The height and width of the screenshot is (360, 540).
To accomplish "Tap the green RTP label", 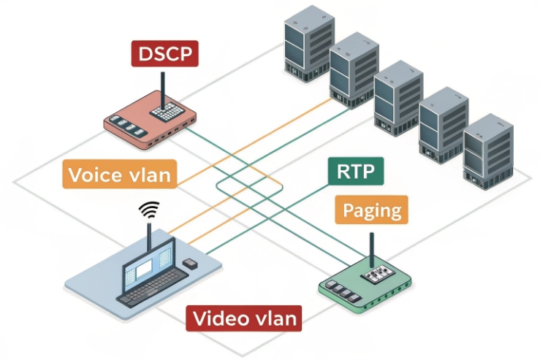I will pyautogui.click(x=356, y=172).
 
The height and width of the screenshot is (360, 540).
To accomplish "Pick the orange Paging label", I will pyautogui.click(x=371, y=211).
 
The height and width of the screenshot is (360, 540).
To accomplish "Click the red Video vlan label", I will pyautogui.click(x=245, y=318).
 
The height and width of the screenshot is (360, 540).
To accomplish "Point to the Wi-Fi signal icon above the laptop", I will pyautogui.click(x=149, y=210).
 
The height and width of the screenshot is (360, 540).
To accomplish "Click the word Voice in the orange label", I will pyautogui.click(x=91, y=175).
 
